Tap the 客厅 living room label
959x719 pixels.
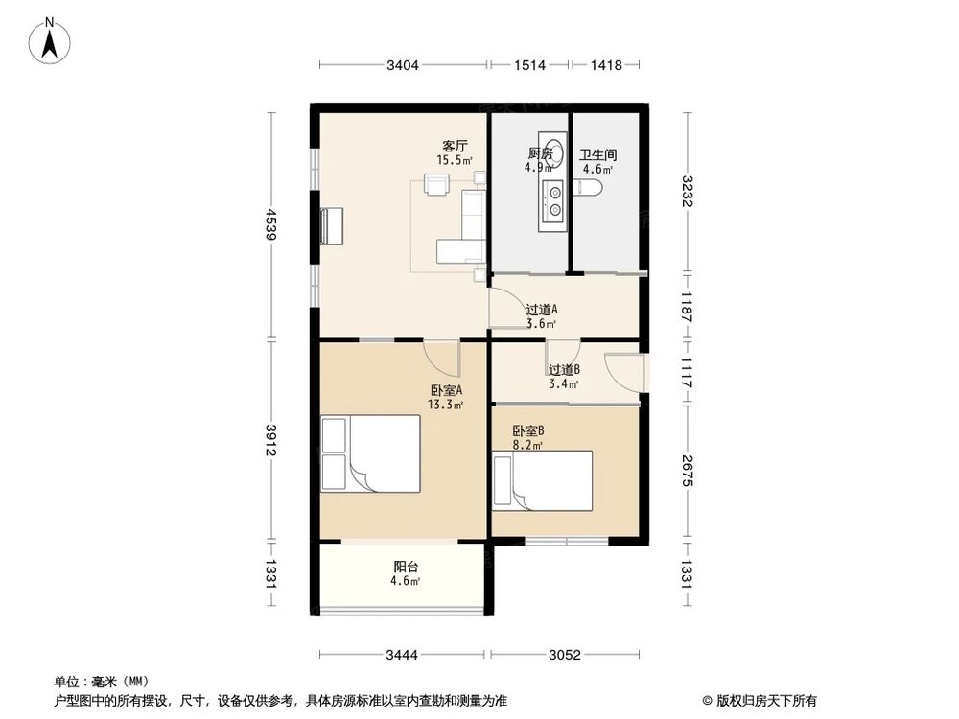455,146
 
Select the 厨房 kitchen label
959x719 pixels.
540,153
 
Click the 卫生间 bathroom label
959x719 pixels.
597,153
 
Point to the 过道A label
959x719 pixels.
542,310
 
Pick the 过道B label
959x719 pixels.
564,369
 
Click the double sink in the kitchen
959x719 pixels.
553,202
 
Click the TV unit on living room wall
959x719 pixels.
331,225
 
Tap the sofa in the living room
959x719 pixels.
470,225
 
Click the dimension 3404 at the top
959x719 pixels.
404,65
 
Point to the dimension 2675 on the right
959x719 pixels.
687,470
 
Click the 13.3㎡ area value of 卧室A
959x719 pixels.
447,405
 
